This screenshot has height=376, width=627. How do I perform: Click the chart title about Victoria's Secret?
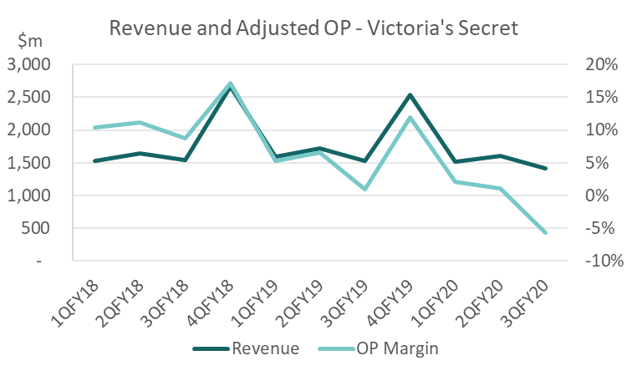313,28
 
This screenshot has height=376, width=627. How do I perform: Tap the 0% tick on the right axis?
590,196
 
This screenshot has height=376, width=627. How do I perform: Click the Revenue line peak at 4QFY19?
410,95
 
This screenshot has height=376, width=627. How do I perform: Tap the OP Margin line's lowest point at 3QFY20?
546,232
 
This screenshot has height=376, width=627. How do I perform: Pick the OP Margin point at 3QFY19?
365,189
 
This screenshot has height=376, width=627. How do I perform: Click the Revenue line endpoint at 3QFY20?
546,168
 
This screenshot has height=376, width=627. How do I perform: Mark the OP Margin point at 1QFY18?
95,127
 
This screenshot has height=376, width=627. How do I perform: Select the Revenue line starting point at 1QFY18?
95,160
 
